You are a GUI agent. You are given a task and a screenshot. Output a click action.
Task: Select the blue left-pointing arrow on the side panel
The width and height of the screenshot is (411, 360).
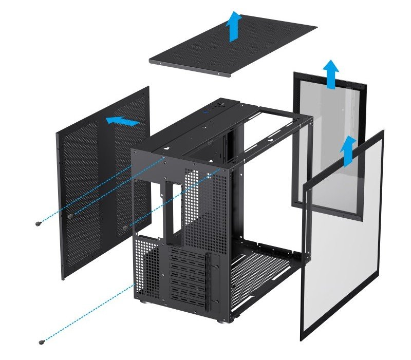coord(122,121)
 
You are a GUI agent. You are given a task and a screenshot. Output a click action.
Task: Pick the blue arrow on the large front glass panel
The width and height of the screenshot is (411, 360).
coord(349,150)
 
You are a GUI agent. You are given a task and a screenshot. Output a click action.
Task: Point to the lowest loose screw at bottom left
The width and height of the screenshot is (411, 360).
coord(42,342)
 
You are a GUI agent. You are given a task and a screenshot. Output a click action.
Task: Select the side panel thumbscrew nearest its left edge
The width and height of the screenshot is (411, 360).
coord(69,216)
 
